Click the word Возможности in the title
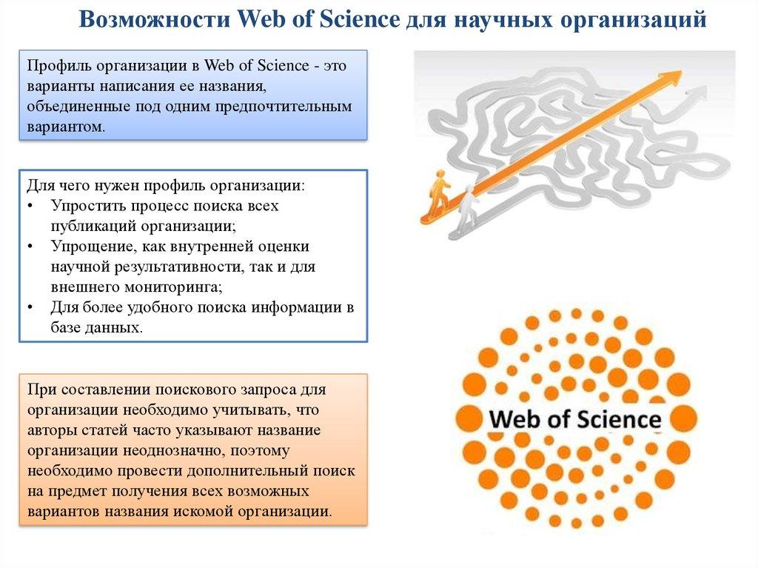coord(155,19)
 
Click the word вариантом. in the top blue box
coord(66,127)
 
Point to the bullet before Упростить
coord(30,206)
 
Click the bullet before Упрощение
coord(30,247)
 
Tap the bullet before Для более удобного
coord(30,308)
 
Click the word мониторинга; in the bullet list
coord(174,287)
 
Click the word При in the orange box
coord(42,390)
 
